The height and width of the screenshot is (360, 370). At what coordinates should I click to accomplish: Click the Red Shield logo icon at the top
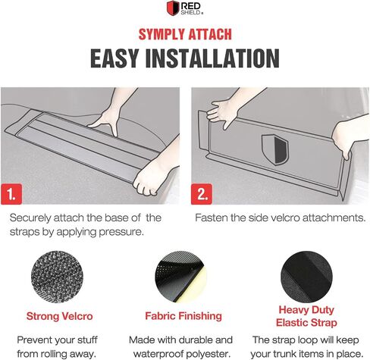tap(173, 8)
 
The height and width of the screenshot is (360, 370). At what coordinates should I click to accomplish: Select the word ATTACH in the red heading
tap(210, 34)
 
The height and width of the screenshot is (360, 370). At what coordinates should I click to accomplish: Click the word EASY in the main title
tap(114, 58)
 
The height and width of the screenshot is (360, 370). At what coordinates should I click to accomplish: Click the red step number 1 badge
tap(11, 194)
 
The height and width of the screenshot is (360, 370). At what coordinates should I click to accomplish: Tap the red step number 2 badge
tap(202, 194)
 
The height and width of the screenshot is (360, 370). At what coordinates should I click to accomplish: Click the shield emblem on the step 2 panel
tap(275, 149)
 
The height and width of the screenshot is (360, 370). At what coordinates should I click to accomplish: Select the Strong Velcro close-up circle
tap(57, 277)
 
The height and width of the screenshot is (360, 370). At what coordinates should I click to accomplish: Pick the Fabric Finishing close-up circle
tap(181, 277)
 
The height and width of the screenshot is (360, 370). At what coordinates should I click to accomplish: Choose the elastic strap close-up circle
tap(306, 277)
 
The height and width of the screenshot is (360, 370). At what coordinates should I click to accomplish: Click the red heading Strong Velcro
tap(60, 316)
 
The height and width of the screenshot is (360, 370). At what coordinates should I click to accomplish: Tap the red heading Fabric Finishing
tap(183, 316)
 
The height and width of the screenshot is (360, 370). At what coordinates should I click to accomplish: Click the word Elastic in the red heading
tap(292, 323)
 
